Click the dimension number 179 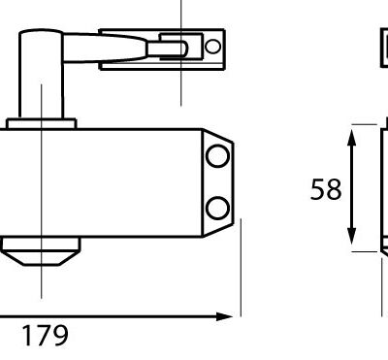pyautogui.click(x=46, y=336)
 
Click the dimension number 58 pyautogui.click(x=326, y=189)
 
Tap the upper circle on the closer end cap pyautogui.click(x=217, y=156)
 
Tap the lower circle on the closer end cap pyautogui.click(x=217, y=208)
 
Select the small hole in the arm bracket pyautogui.click(x=212, y=47)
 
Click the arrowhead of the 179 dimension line pyautogui.click(x=225, y=316)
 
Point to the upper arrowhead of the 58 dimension pyautogui.click(x=352, y=138)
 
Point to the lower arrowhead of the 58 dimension pyautogui.click(x=352, y=237)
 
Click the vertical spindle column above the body pyautogui.click(x=41, y=75)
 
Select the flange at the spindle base pyautogui.click(x=41, y=124)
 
